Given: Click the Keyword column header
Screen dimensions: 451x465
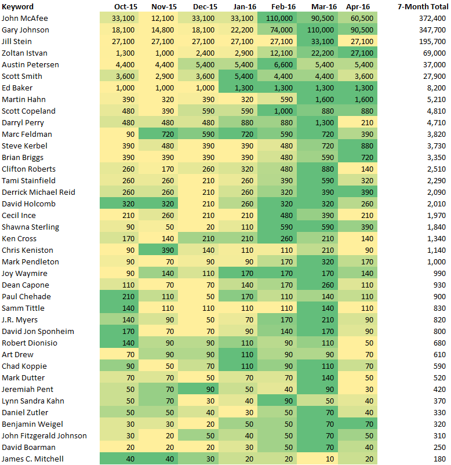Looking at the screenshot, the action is pyautogui.click(x=17, y=6).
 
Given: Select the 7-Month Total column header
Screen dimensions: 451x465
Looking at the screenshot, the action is pyautogui.click(x=423, y=6).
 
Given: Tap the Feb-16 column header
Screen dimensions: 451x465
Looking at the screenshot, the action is pyautogui.click(x=283, y=6).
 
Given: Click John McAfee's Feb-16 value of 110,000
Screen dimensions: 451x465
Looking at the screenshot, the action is pyautogui.click(x=279, y=19).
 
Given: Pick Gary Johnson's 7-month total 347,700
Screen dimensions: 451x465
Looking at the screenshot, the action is pyautogui.click(x=432, y=30).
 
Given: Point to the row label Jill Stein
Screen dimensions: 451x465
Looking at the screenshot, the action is pyautogui.click(x=17, y=42).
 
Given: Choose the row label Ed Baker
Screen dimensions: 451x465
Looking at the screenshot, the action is pyautogui.click(x=17, y=88).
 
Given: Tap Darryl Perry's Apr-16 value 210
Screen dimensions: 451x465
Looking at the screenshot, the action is pyautogui.click(x=367, y=122).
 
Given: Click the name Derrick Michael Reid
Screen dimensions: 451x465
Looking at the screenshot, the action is pyautogui.click(x=38, y=192).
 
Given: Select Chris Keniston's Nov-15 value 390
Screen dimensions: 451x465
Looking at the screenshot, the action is pyautogui.click(x=168, y=250).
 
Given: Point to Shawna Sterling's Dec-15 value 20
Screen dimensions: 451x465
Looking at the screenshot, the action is pyautogui.click(x=210, y=227).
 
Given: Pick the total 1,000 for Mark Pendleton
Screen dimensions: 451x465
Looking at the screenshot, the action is pyautogui.click(x=436, y=261).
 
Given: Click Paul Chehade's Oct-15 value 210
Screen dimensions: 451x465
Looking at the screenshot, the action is pyautogui.click(x=128, y=296).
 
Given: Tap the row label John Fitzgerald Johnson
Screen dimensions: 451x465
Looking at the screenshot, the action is pyautogui.click(x=44, y=435).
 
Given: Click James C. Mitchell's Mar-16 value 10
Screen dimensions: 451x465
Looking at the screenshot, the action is pyautogui.click(x=330, y=459).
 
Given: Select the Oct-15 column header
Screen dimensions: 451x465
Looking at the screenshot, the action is pyautogui.click(x=126, y=6).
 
